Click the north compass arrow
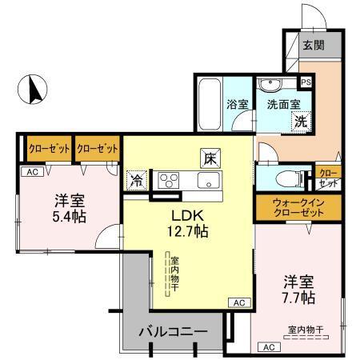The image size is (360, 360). point(34,89)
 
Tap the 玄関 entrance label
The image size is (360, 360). point(313,46)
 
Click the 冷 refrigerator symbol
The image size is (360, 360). point(138,181)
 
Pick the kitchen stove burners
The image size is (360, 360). point(170,180)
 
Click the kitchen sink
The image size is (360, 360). point(210,181)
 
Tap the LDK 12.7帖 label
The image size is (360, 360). point(187,223)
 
